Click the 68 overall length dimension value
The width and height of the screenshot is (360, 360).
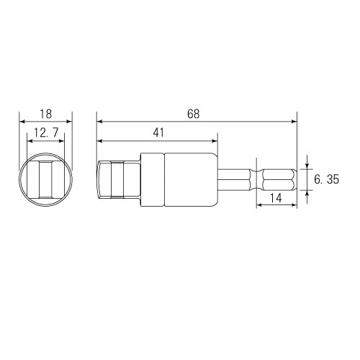click(x=192, y=114)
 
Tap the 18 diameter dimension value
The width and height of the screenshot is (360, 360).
click(x=46, y=114)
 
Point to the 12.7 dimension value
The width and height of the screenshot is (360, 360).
click(x=46, y=132)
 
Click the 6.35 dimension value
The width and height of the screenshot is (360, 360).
click(x=326, y=179)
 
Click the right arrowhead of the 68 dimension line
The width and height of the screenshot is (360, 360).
click(x=293, y=122)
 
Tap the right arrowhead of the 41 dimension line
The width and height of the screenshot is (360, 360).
click(x=212, y=141)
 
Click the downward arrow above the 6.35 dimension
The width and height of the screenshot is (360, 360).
click(x=307, y=166)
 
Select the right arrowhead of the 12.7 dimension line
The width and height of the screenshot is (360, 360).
click(x=61, y=141)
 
